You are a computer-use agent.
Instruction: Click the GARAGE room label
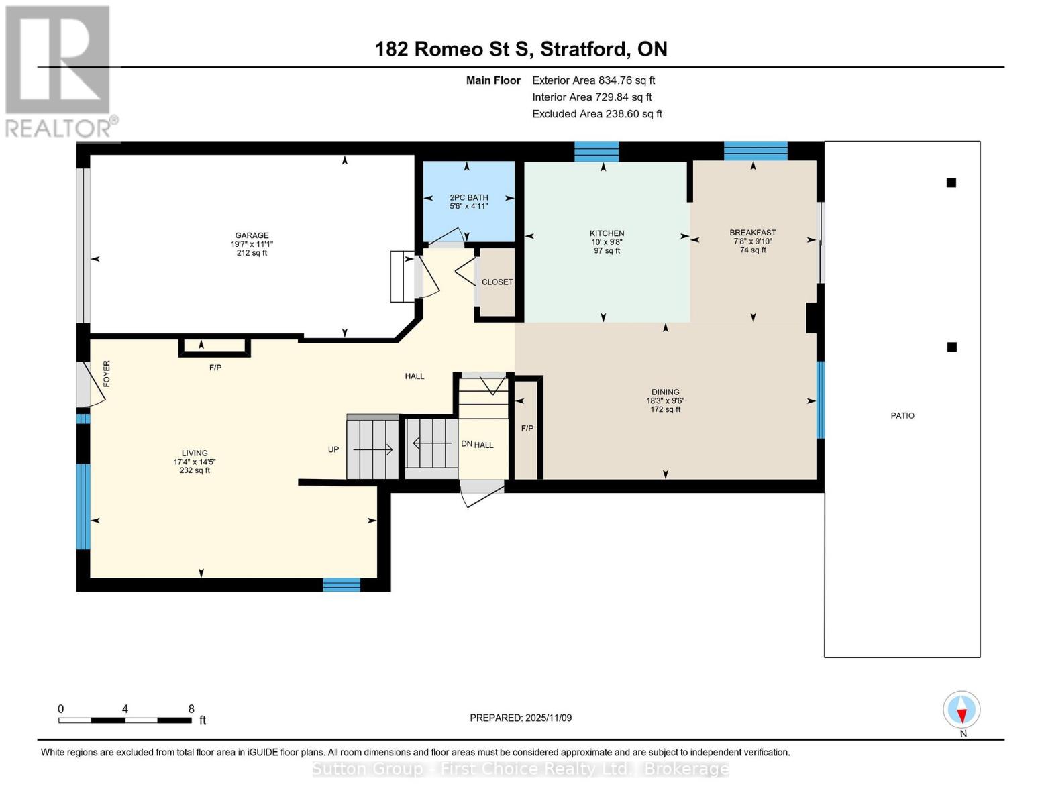[252, 235]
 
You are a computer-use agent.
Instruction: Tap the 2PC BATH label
[468, 198]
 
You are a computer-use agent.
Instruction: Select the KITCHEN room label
[607, 233]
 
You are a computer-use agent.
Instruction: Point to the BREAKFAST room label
[752, 233]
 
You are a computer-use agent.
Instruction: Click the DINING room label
[665, 392]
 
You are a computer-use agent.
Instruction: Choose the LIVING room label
[194, 453]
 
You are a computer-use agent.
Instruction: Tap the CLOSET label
[497, 282]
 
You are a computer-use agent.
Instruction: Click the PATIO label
[902, 416]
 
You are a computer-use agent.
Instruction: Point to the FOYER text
[107, 374]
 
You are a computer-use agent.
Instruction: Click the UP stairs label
[333, 450]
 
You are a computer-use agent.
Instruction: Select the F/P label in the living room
[215, 368]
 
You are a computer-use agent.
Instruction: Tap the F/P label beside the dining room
[527, 429]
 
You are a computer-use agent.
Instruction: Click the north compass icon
[961, 710]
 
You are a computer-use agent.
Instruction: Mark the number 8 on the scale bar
[191, 709]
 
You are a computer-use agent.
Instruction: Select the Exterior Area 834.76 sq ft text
[593, 80]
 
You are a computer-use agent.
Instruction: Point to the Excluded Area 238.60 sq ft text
[596, 114]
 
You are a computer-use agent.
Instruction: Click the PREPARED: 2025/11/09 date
[521, 718]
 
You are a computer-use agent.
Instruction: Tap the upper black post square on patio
[951, 182]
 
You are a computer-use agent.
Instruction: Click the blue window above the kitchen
[596, 152]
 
